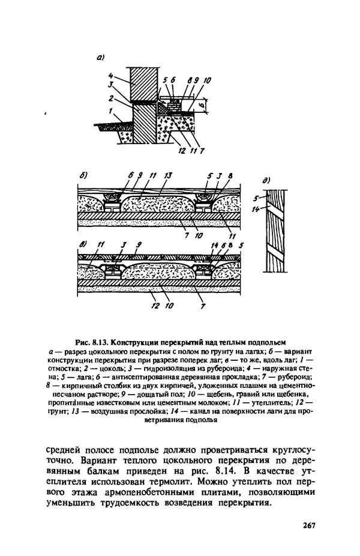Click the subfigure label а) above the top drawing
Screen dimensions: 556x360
[x=100, y=58]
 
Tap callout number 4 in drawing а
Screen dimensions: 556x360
[x=112, y=76]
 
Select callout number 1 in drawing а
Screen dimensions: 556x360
[x=111, y=112]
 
